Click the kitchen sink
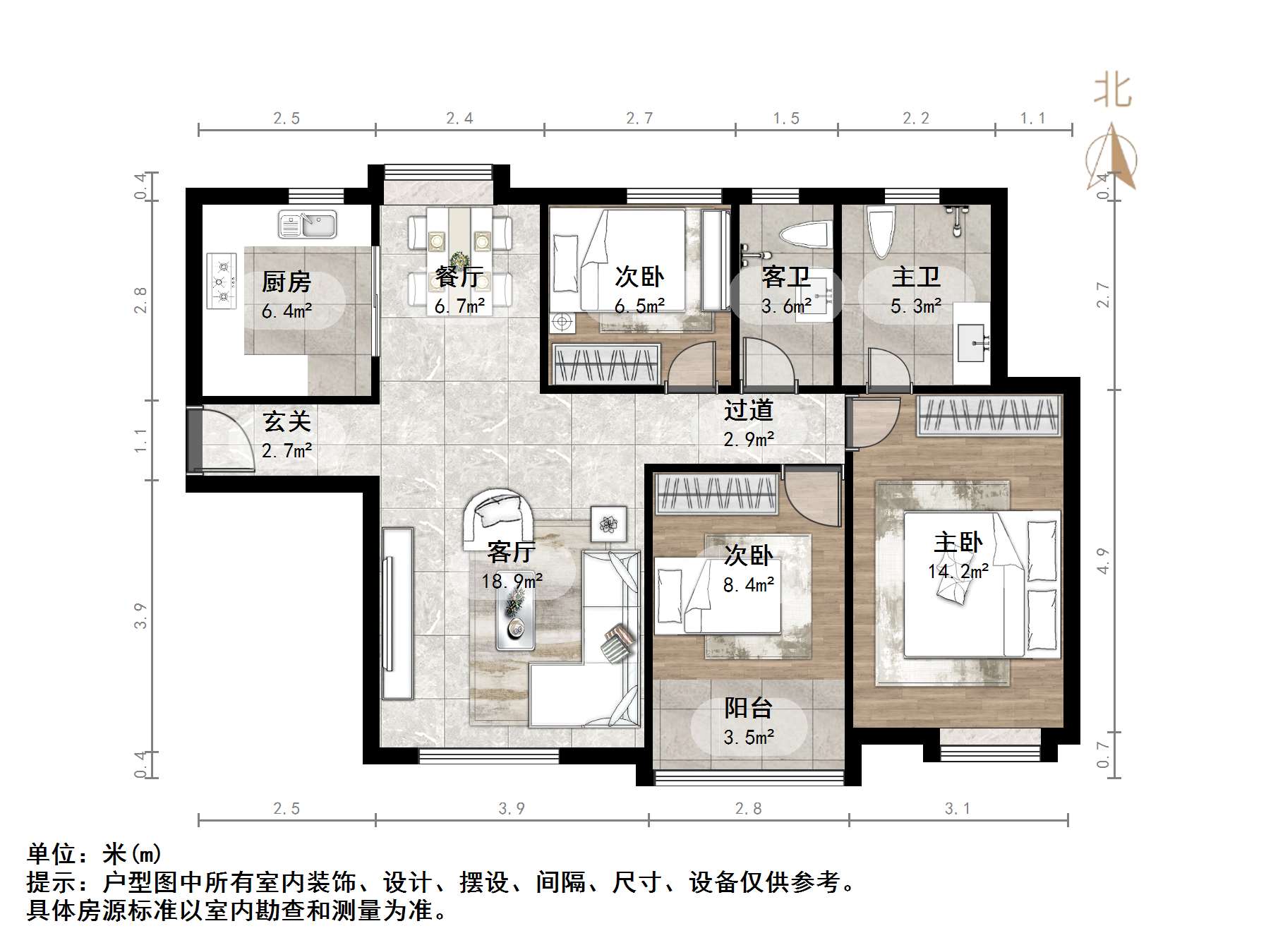[308, 224]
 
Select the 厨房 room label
[287, 282]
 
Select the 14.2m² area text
[958, 571]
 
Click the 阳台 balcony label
[749, 707]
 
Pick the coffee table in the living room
[516, 615]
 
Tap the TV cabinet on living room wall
[397, 613]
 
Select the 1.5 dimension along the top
[786, 119]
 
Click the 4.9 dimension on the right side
[1104, 561]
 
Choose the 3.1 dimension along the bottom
[958, 808]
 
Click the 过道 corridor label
[749, 410]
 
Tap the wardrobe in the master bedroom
[989, 415]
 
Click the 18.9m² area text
[512, 581]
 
